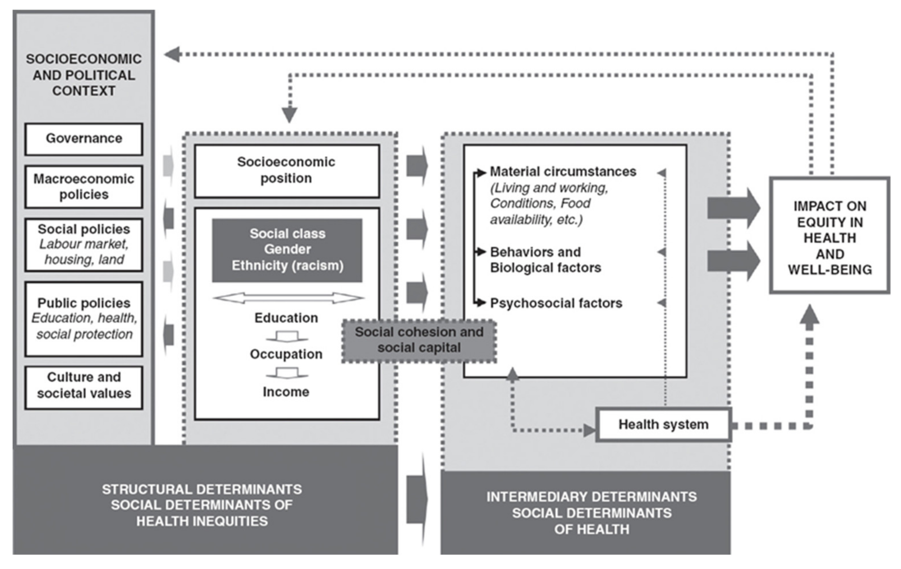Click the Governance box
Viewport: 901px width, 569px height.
(x=84, y=139)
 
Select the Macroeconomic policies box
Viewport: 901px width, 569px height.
(x=84, y=187)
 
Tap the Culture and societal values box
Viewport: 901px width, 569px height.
(x=84, y=387)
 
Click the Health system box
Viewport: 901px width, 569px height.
(x=663, y=424)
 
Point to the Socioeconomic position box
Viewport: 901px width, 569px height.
(x=287, y=171)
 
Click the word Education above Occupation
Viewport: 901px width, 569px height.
(x=286, y=318)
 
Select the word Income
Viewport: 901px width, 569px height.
(x=286, y=392)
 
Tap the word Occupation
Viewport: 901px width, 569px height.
(x=286, y=354)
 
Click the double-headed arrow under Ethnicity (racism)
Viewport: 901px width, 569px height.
(x=288, y=298)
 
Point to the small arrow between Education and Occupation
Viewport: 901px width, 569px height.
(x=287, y=336)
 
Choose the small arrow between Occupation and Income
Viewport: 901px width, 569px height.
(x=287, y=373)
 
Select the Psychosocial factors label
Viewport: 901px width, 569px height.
(x=556, y=303)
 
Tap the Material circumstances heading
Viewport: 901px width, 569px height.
(x=563, y=172)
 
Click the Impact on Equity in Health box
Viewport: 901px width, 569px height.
(x=830, y=235)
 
